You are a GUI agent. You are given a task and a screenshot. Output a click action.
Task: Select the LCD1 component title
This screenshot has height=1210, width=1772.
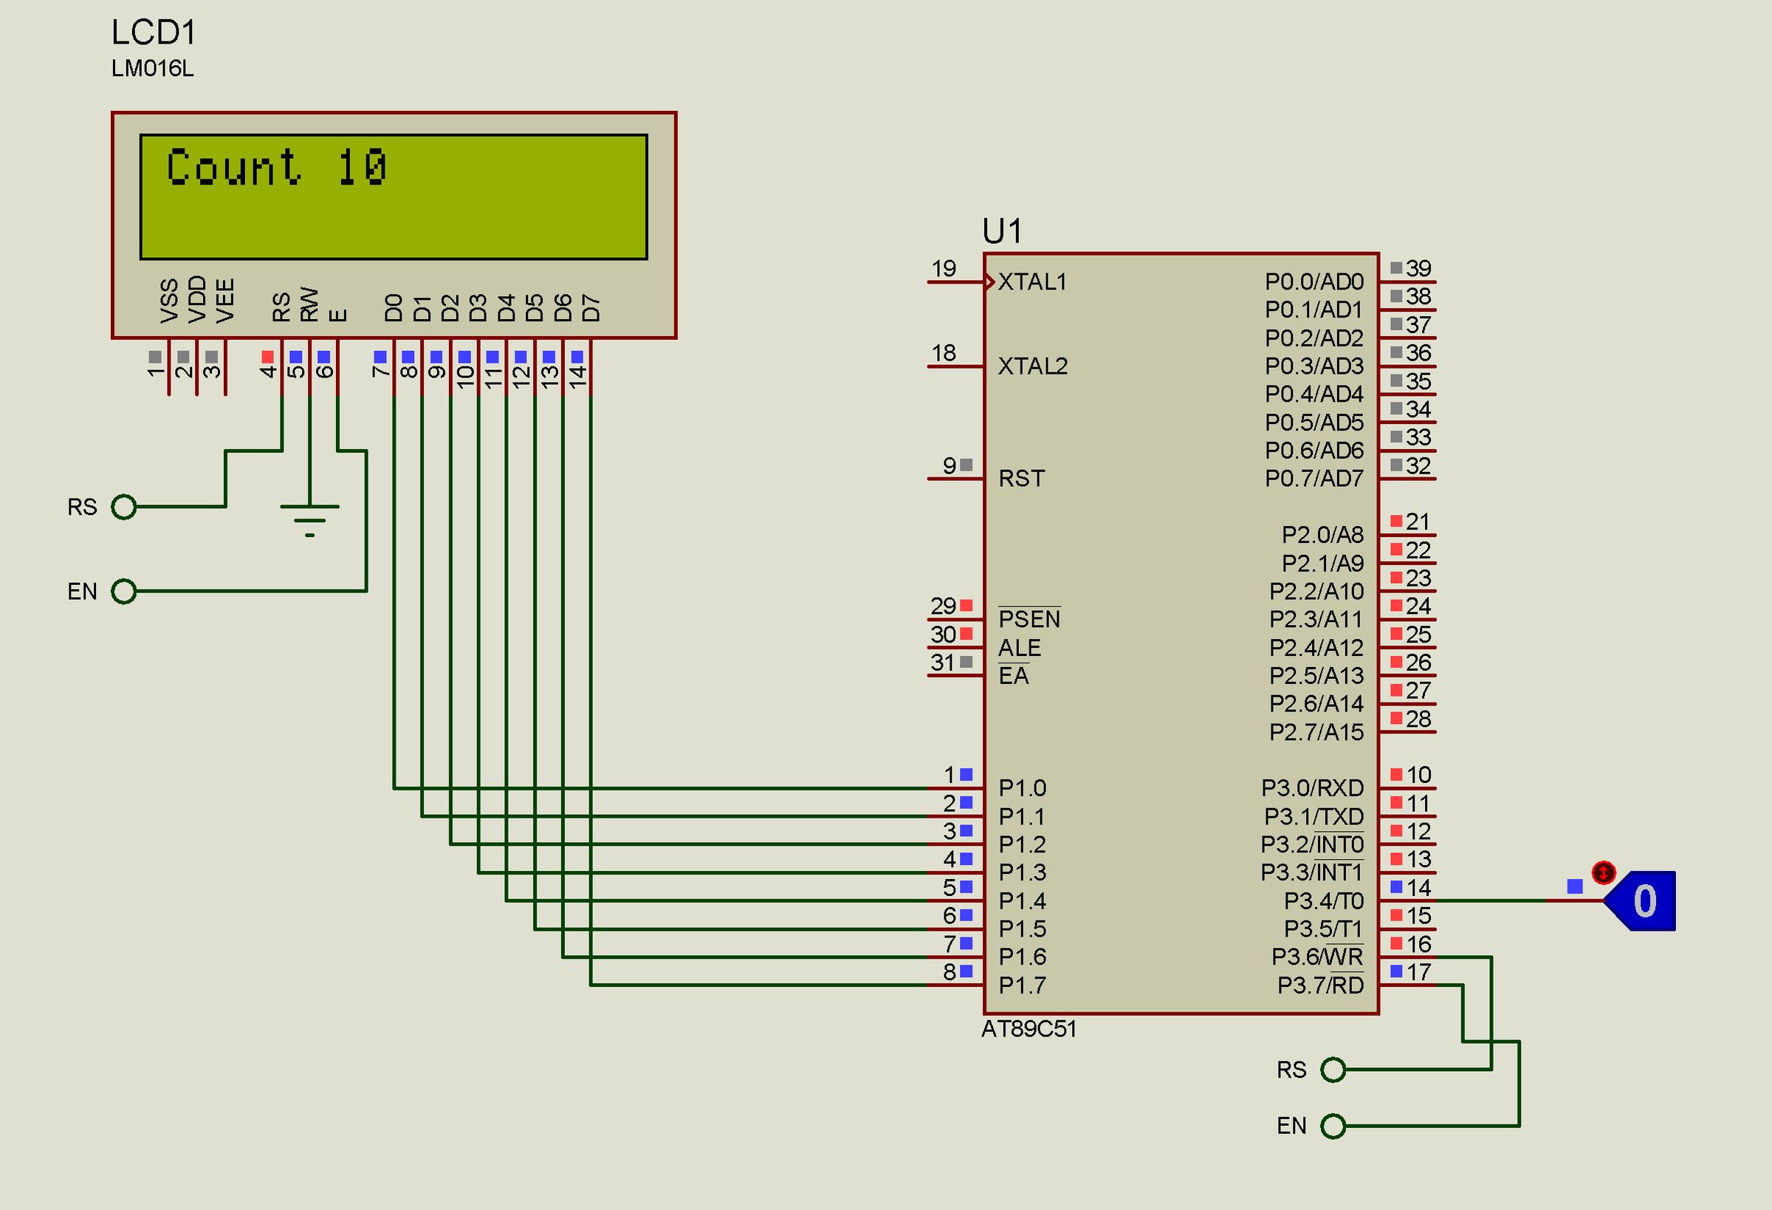point(154,33)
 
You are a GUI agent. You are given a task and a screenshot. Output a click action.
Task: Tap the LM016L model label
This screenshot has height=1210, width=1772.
point(153,69)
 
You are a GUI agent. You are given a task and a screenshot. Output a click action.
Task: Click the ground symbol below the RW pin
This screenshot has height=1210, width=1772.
point(309,519)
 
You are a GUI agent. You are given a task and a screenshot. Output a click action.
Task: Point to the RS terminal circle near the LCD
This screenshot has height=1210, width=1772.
point(123,507)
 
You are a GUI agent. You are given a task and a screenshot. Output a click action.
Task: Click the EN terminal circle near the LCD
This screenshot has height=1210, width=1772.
point(123,591)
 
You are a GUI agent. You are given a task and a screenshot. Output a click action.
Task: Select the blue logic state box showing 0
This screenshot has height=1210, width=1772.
point(1644,901)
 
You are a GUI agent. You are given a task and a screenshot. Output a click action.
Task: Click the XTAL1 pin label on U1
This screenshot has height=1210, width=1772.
point(1031,282)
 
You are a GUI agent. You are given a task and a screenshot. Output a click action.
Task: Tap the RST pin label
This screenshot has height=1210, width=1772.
point(1021,479)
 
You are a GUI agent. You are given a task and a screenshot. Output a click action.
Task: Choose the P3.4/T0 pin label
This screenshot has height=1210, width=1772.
point(1323,901)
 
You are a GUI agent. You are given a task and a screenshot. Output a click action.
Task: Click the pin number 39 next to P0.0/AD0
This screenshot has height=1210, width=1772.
point(1418,269)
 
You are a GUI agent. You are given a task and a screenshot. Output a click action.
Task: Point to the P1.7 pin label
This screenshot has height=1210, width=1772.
point(1022,985)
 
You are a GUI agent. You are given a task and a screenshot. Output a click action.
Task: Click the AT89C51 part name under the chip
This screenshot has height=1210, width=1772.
point(1028,1029)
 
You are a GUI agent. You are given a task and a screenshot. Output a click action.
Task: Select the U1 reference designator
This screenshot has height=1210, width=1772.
point(1001,230)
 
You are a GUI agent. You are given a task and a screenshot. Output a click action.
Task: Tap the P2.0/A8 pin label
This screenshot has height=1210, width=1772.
point(1322,535)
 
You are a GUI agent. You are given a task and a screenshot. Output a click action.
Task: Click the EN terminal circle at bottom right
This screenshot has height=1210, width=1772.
point(1333,1126)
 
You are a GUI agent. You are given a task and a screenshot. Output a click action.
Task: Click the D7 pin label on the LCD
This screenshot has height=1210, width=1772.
point(591,308)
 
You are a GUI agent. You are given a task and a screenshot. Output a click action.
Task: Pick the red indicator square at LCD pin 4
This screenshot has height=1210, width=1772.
point(267,356)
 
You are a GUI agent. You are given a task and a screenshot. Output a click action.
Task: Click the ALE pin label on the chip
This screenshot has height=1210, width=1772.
point(1019,648)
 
